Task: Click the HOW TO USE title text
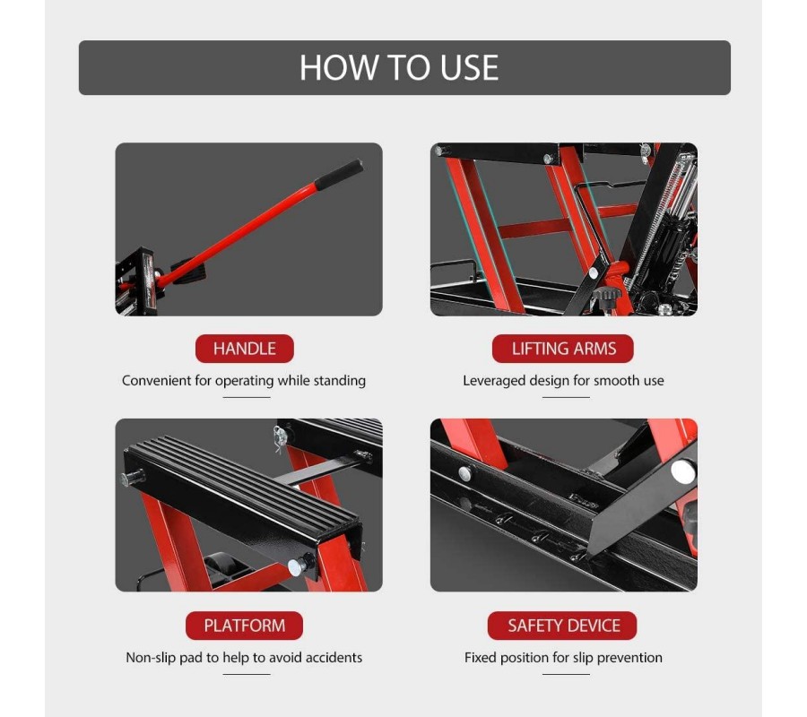399,67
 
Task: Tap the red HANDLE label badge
245,349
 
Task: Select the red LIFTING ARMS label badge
563,349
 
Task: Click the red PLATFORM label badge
245,626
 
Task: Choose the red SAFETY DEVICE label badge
562,626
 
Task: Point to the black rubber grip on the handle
339,175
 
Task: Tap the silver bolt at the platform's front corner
295,566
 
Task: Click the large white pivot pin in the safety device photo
683,472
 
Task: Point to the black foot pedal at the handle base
188,269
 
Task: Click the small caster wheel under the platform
221,566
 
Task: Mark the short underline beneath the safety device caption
566,674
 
